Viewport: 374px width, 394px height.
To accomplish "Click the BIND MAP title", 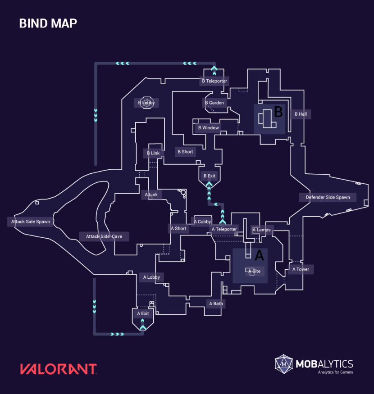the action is tap(48, 23).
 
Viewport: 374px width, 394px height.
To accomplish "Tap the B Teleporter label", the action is tap(214, 81).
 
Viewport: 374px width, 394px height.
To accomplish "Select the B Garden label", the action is tap(214, 103).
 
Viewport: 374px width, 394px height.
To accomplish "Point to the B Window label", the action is tap(209, 128).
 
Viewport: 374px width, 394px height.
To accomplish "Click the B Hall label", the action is tap(301, 114).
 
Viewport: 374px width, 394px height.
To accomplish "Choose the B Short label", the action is tap(185, 152).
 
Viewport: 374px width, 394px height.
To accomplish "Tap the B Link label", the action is tap(153, 153).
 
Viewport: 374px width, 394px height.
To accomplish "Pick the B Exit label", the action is tap(210, 176).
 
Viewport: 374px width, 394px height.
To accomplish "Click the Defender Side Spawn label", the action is tap(328, 197).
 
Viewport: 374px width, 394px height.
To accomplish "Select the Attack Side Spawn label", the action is tap(31, 222).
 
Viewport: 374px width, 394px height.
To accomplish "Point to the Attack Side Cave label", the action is tap(104, 236).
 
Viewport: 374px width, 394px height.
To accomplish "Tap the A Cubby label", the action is tap(202, 222).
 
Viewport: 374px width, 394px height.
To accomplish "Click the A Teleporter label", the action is tap(224, 229).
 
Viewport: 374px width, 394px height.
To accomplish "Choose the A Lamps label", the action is tap(261, 230).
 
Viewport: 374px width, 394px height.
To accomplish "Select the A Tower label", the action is tap(301, 269).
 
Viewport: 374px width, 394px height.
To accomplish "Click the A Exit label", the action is tap(143, 313).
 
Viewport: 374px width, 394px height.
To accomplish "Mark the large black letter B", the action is tap(278, 112).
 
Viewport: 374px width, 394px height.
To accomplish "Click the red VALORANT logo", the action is tap(58, 369).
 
